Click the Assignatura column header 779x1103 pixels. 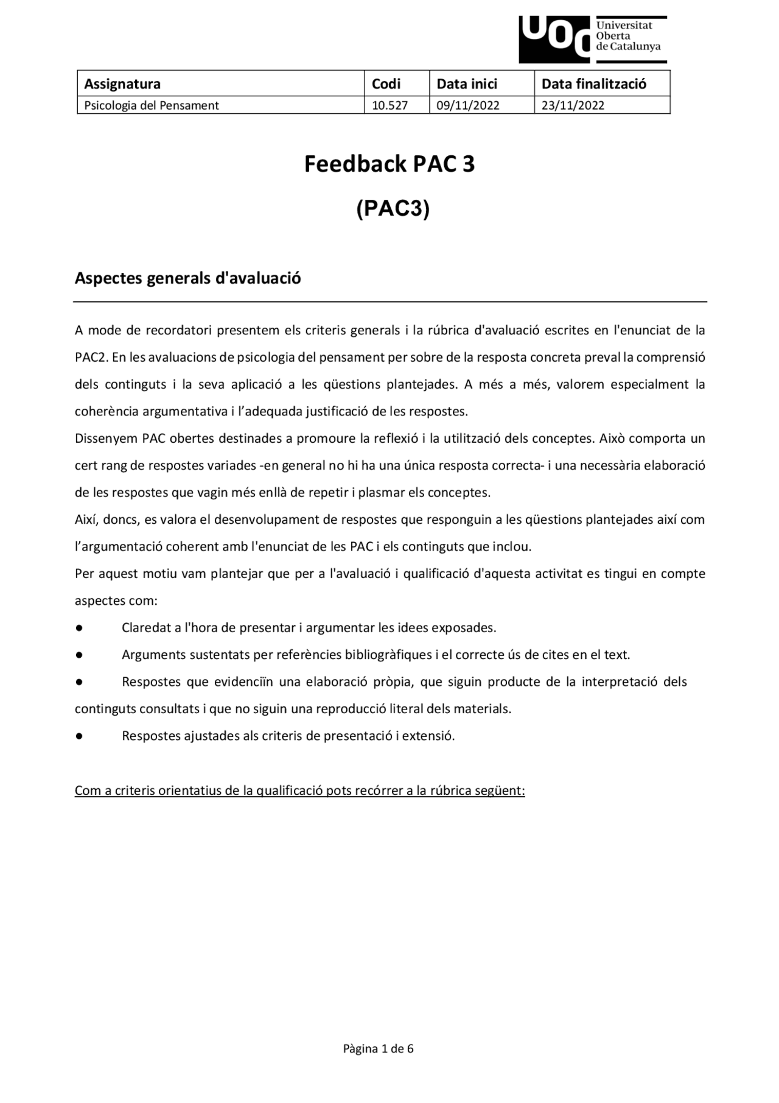(122, 83)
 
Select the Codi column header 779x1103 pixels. (386, 83)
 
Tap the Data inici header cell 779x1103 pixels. (467, 83)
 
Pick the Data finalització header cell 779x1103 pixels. (593, 83)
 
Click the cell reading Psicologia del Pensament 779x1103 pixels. (152, 105)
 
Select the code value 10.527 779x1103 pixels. (389, 105)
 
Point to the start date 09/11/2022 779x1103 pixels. (467, 105)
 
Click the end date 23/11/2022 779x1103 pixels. (573, 105)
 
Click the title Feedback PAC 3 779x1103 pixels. (389, 164)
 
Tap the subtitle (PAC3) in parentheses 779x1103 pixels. (393, 208)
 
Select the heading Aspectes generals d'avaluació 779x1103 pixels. (187, 278)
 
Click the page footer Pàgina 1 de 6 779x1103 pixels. (378, 1049)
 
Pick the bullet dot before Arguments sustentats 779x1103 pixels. (79, 655)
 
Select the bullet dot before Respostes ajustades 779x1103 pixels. (79, 736)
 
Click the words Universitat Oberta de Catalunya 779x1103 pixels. (628, 36)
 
